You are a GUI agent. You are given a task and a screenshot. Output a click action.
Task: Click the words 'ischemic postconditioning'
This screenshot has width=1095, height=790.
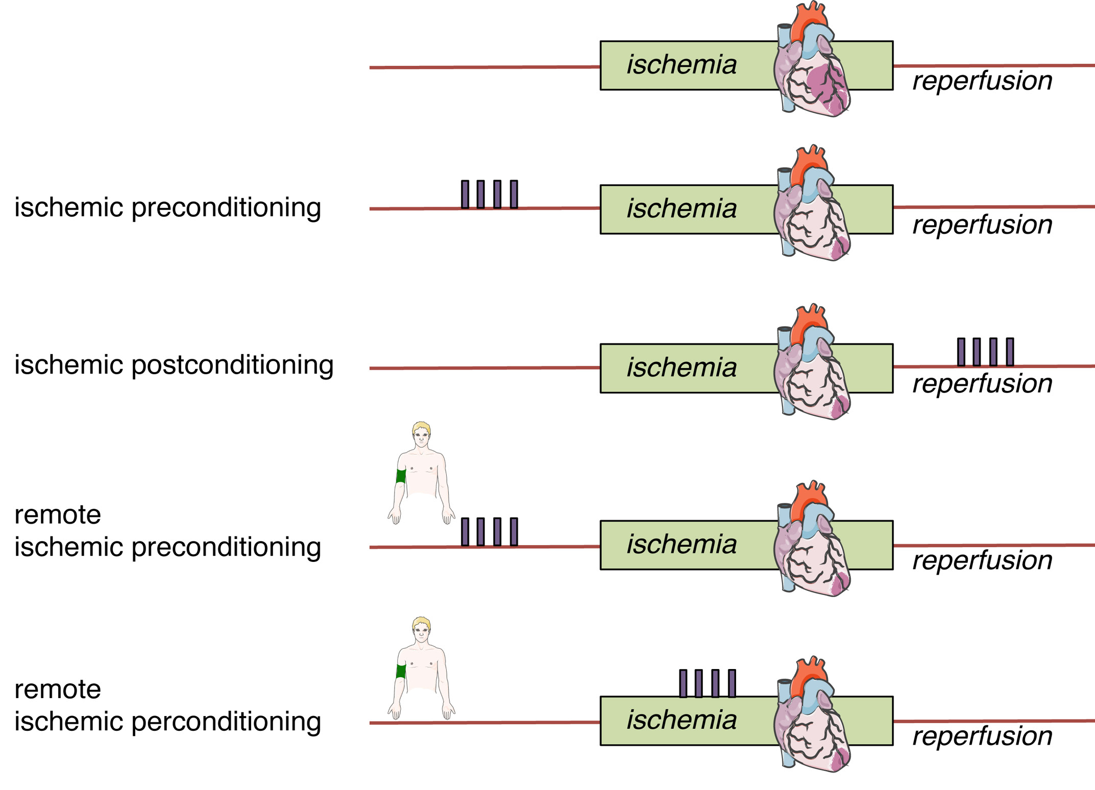pos(174,365)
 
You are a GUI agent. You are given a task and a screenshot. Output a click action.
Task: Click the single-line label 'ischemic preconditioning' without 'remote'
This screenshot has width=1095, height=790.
pos(167,207)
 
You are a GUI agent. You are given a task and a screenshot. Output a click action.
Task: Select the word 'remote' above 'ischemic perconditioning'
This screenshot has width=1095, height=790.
pos(58,689)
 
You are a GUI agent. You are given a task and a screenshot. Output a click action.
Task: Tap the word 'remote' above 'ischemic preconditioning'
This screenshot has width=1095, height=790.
pos(58,514)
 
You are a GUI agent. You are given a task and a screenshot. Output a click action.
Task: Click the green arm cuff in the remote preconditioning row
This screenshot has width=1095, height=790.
pos(401,476)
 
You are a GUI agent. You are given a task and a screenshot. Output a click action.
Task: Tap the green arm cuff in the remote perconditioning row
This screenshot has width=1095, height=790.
pos(401,671)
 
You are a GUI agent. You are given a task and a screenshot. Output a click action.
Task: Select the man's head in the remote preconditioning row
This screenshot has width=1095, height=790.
pos(422,434)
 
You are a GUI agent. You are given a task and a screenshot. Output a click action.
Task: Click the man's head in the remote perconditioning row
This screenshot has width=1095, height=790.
pos(422,629)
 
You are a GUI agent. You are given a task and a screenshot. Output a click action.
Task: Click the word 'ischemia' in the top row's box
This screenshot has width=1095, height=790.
pos(682,65)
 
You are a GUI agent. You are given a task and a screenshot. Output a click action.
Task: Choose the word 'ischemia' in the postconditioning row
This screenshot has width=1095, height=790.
pos(682,367)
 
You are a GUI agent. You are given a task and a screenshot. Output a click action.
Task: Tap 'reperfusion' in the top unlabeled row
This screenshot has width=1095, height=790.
pos(982,81)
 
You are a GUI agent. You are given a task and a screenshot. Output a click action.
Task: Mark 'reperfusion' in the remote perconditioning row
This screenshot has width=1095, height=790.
pos(982,736)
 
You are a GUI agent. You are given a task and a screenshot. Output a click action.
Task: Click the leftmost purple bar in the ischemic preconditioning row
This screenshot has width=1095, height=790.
pos(465,194)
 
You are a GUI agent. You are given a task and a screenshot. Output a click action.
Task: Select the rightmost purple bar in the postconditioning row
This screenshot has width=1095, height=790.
pos(1010,352)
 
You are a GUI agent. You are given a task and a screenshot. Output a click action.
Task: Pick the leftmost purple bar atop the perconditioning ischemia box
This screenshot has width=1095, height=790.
pos(683,683)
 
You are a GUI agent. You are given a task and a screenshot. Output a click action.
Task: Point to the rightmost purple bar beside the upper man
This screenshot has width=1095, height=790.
pos(514,532)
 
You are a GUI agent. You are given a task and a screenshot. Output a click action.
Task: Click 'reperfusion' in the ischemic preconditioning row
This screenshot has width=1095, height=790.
pos(982,225)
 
